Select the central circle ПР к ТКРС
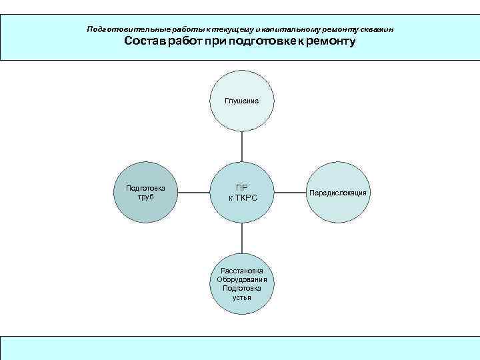[x=242, y=193]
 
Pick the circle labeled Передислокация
[x=337, y=193]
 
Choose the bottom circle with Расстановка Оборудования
[x=242, y=284]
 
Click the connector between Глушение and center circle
[x=242, y=146]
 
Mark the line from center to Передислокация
[x=291, y=193]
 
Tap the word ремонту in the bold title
[x=331, y=41]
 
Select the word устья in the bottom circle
[x=242, y=297]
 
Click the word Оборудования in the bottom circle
[x=242, y=279]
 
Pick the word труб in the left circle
[x=145, y=197]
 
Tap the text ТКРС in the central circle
[x=246, y=198]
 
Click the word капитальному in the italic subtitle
[x=287, y=29]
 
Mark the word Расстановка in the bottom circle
[x=242, y=271]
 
